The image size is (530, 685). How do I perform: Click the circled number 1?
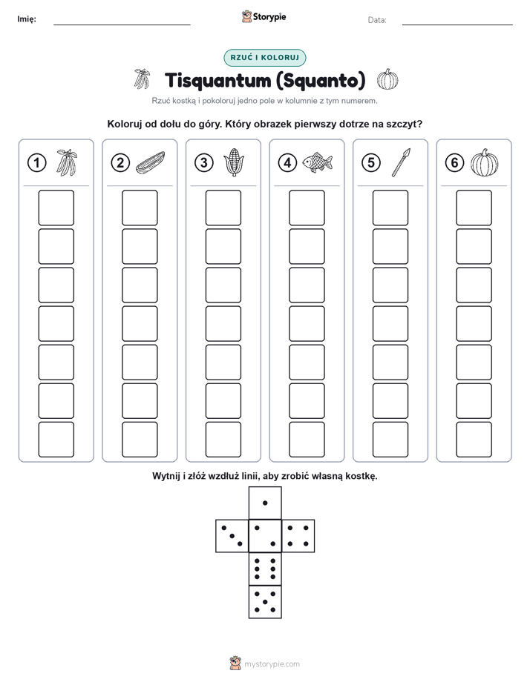coord(36,162)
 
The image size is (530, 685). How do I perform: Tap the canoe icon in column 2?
coord(151,162)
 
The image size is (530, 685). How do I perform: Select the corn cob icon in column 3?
coord(234,162)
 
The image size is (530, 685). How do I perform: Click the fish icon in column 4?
coord(318,162)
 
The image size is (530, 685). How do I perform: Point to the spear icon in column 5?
coord(401,162)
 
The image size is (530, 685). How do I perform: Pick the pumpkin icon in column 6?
coord(485,162)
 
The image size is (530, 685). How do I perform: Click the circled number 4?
coord(287,162)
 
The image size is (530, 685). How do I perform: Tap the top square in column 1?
coord(56,208)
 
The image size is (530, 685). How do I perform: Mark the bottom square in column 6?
coord(474,440)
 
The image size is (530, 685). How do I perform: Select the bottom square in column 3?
coord(223,440)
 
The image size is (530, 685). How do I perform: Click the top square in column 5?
coord(390,208)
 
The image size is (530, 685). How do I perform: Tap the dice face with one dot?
coord(265,503)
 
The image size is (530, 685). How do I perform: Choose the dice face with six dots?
coord(265,569)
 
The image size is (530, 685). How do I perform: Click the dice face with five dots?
coord(265,601)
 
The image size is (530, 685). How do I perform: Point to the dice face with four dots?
coord(298,535)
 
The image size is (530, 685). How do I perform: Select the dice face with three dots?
coord(232,535)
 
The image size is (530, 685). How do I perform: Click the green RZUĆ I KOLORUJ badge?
coord(264,58)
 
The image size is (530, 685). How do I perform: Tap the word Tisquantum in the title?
coord(217,80)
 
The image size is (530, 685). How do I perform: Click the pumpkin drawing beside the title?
coord(387,79)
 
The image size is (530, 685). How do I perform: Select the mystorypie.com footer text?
coord(272,664)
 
